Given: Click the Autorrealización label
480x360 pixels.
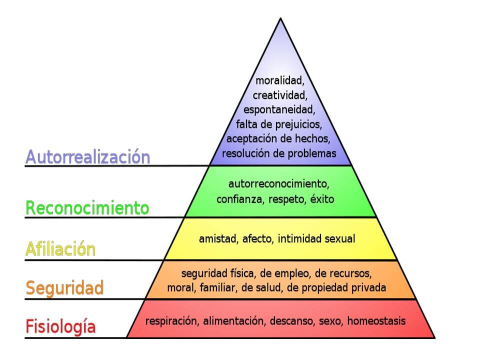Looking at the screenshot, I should click(x=87, y=157).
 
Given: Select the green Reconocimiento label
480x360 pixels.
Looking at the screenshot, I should click(x=87, y=207).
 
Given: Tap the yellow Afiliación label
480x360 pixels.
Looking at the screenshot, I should click(x=60, y=248).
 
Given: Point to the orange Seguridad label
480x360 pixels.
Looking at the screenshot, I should click(x=65, y=288).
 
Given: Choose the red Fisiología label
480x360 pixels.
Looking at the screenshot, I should click(x=60, y=327).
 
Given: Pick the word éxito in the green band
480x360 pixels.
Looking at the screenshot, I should click(x=322, y=199).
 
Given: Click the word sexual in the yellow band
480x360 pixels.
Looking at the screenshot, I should click(x=340, y=239).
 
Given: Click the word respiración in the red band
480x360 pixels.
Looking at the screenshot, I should click(x=171, y=321).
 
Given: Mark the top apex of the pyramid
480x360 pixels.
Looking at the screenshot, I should click(x=280, y=19).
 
